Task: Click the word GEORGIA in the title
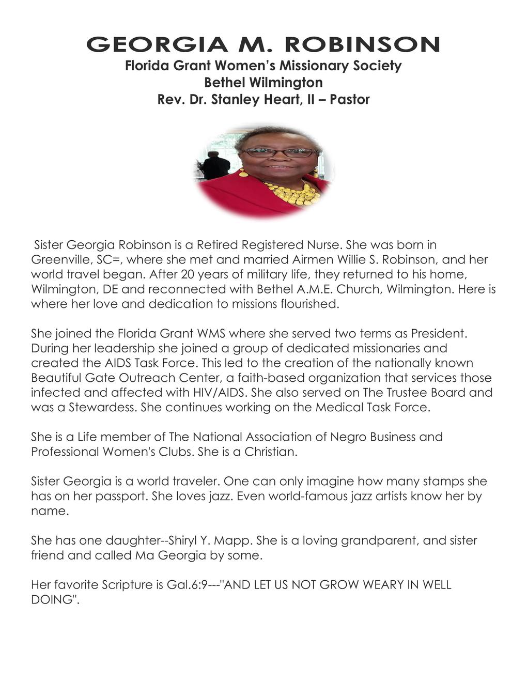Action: click(157, 45)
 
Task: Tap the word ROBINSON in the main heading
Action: click(362, 45)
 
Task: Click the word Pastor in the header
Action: click(350, 99)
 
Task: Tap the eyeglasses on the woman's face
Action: click(278, 152)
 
